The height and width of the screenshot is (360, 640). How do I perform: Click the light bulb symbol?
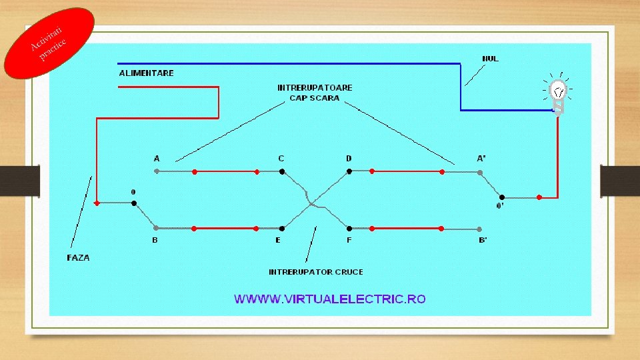(x=559, y=93)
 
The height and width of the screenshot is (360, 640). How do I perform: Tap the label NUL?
(x=490, y=59)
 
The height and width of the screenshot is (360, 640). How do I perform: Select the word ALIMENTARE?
(x=146, y=73)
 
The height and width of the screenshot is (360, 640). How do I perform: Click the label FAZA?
(x=78, y=257)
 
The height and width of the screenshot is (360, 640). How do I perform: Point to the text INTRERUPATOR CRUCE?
(x=316, y=272)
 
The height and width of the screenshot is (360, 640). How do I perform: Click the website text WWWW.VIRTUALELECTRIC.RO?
(x=329, y=299)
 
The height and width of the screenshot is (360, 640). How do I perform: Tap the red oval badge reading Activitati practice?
(x=49, y=43)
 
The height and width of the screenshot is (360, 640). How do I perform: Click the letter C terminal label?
(x=281, y=159)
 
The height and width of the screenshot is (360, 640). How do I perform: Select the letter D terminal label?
(x=349, y=159)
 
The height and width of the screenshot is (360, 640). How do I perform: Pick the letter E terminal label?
(x=278, y=240)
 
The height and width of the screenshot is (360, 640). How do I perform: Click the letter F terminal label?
(x=349, y=240)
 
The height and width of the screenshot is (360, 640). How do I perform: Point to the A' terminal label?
(x=481, y=159)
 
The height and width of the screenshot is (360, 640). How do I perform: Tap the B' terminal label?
(x=483, y=240)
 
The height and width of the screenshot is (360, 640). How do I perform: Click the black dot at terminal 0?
(x=134, y=203)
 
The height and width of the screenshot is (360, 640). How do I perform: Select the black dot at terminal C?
(x=282, y=171)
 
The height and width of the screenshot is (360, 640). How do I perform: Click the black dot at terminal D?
(x=349, y=171)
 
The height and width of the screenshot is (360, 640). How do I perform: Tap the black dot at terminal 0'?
(x=502, y=197)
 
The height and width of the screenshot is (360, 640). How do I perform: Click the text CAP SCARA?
(x=314, y=98)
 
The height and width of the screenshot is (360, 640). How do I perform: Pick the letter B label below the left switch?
(x=155, y=240)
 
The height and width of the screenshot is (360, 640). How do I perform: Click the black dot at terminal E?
(x=282, y=228)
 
